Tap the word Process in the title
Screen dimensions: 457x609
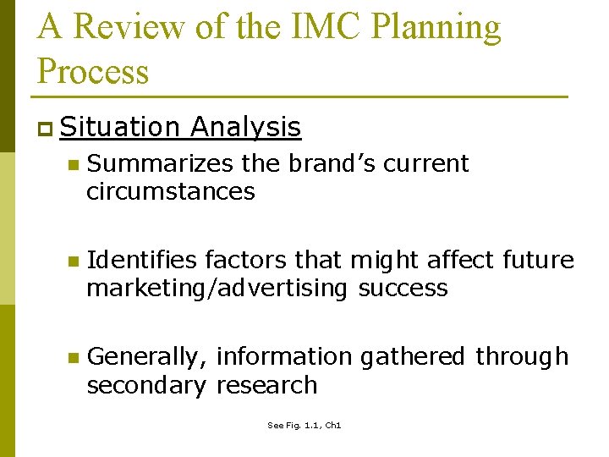tap(94, 71)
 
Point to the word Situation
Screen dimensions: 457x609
tap(120, 127)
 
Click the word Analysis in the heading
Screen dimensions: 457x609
tap(245, 128)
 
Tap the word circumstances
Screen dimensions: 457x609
tap(170, 191)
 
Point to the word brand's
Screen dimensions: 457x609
tap(332, 163)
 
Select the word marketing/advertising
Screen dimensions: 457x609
tap(217, 289)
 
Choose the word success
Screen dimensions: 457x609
tap(403, 288)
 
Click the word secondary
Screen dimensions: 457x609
tap(146, 386)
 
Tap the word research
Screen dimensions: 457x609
tap(266, 385)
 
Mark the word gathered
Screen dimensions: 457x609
tap(413, 357)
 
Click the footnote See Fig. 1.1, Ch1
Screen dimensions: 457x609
tap(304, 426)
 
